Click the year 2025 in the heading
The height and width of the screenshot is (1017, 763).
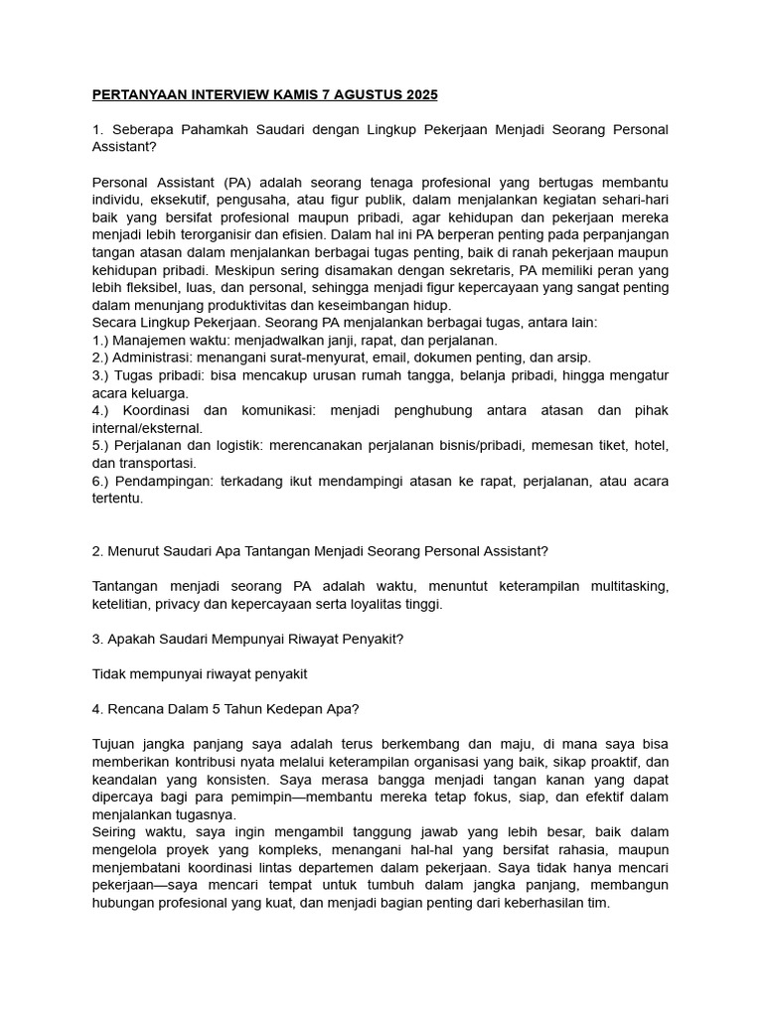[418, 95]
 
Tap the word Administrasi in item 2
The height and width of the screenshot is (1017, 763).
[150, 357]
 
